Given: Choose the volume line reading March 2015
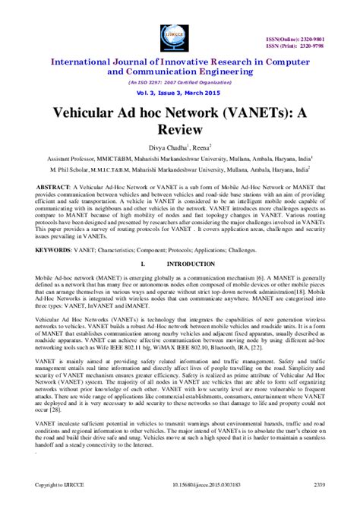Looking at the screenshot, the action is coord(179,92).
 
